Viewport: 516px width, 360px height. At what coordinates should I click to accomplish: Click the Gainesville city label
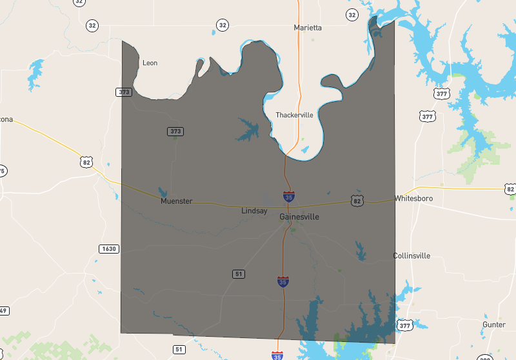coord(299,217)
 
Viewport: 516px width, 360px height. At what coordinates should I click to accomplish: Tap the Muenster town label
coord(176,201)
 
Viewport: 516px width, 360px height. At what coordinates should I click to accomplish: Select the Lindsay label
coord(254,211)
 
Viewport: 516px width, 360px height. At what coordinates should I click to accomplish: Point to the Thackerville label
coord(294,115)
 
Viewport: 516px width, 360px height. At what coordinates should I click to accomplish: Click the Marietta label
coord(308,28)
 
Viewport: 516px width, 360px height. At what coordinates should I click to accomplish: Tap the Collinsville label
coord(412,256)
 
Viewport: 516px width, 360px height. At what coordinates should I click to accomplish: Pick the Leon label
coord(150,63)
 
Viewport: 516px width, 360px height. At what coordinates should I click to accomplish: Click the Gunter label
coord(494,325)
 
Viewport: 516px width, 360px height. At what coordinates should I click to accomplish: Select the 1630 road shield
coord(108,249)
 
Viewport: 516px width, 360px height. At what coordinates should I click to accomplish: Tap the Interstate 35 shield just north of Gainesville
coord(289,195)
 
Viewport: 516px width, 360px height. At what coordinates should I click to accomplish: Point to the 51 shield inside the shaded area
coord(239,274)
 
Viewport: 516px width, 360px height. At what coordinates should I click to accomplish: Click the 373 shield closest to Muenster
coord(175,132)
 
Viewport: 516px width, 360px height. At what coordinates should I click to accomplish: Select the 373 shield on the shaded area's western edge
coord(124,92)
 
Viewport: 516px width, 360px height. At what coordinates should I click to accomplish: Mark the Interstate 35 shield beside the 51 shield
coord(283,281)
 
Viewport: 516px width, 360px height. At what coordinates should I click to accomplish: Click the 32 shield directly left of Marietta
coord(223,26)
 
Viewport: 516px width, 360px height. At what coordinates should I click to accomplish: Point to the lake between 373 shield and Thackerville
coord(248,129)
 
